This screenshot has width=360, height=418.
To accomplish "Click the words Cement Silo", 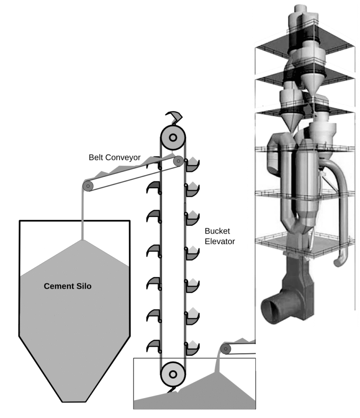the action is click(67, 286).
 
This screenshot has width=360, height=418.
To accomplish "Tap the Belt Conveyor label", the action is click(115, 157).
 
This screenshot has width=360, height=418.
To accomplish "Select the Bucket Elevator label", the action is click(220, 236).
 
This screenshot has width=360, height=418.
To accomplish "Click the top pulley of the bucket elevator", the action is click(173, 138).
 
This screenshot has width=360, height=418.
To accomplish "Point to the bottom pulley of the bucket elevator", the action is click(173, 374).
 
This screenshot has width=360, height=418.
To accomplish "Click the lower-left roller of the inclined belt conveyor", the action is click(88, 186).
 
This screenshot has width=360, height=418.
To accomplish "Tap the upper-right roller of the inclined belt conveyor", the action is click(178, 161).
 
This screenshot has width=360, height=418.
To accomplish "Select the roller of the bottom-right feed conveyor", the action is click(225, 349).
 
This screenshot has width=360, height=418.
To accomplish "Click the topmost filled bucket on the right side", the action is click(192, 165).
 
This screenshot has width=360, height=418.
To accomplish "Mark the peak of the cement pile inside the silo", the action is click(83, 240).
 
